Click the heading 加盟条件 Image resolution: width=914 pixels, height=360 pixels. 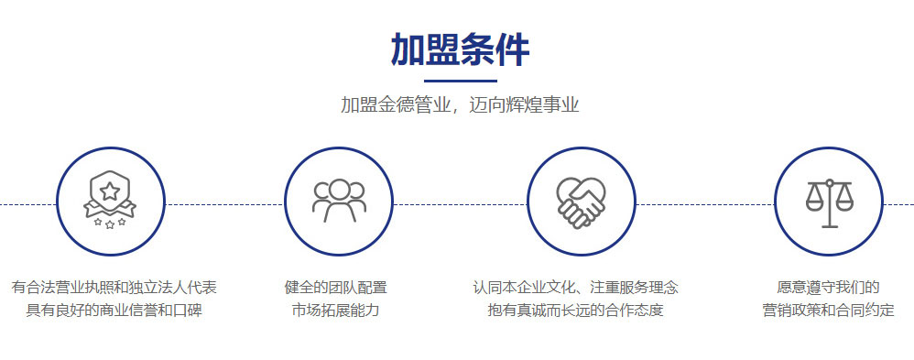pos(460,50)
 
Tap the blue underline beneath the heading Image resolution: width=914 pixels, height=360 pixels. pos(460,81)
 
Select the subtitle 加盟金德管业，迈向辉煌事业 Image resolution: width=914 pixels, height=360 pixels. pos(460,105)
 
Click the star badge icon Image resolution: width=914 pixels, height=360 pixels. pos(110,200)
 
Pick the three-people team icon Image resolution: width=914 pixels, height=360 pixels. pos(339,201)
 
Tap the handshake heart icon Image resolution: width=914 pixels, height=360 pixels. pos(581,202)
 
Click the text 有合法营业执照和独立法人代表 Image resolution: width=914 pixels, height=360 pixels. pos(114,288)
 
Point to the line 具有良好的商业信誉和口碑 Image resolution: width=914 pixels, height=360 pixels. pos(114,310)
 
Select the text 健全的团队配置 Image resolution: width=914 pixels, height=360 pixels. pos(336,288)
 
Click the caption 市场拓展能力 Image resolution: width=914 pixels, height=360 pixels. pos(336,310)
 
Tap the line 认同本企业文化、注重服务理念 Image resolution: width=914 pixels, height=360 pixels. pos(576,288)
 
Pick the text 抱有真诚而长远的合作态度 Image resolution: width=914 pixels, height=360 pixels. pos(576,310)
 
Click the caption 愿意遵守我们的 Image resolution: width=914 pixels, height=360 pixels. pos(828,288)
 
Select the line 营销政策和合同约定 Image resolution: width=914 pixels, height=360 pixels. pos(828,310)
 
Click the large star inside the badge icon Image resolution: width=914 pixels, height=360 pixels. pos(110,191)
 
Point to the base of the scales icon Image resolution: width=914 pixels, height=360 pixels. pos(829,226)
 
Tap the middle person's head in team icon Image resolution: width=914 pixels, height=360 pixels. pos(339,189)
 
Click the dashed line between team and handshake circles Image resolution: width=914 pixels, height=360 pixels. pos(461,205)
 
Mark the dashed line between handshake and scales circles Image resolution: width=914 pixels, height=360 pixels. pos(705,205)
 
